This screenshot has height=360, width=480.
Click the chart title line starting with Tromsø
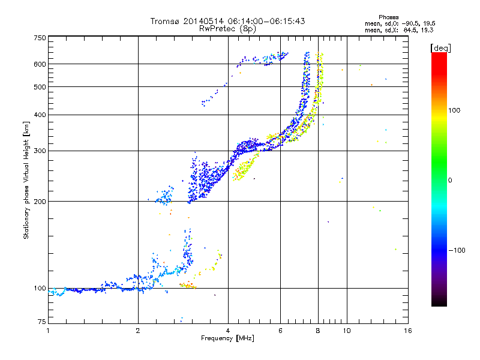[x=227, y=21]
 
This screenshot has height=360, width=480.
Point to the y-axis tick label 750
[x=40, y=38]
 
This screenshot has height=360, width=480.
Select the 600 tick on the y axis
[x=40, y=64]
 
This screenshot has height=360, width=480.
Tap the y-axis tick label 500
[x=40, y=87]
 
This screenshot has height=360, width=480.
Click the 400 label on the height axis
[x=40, y=115]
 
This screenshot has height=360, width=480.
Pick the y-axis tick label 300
[x=40, y=151]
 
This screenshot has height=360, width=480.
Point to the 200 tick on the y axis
[x=40, y=202]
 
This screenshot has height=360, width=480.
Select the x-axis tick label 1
[x=49, y=330]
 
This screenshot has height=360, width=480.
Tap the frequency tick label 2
[x=138, y=330]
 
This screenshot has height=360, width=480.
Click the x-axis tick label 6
[x=280, y=330]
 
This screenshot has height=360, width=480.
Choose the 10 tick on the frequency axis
[x=346, y=330]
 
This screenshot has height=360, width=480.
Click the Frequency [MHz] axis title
[x=227, y=338]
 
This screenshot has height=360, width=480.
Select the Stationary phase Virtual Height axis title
[x=26, y=180]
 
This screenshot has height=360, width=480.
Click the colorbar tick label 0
[x=449, y=180]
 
